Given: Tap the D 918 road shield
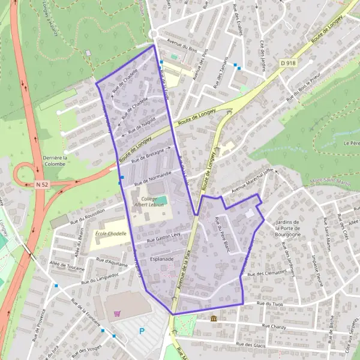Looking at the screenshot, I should (x=288, y=62).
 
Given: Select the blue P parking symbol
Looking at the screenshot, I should (x=142, y=331).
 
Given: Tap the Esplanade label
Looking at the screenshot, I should (x=162, y=259).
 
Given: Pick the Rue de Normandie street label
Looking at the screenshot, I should (x=152, y=177).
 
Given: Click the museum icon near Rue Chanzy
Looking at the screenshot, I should (x=214, y=318).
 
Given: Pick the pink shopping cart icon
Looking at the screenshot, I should (x=116, y=312).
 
